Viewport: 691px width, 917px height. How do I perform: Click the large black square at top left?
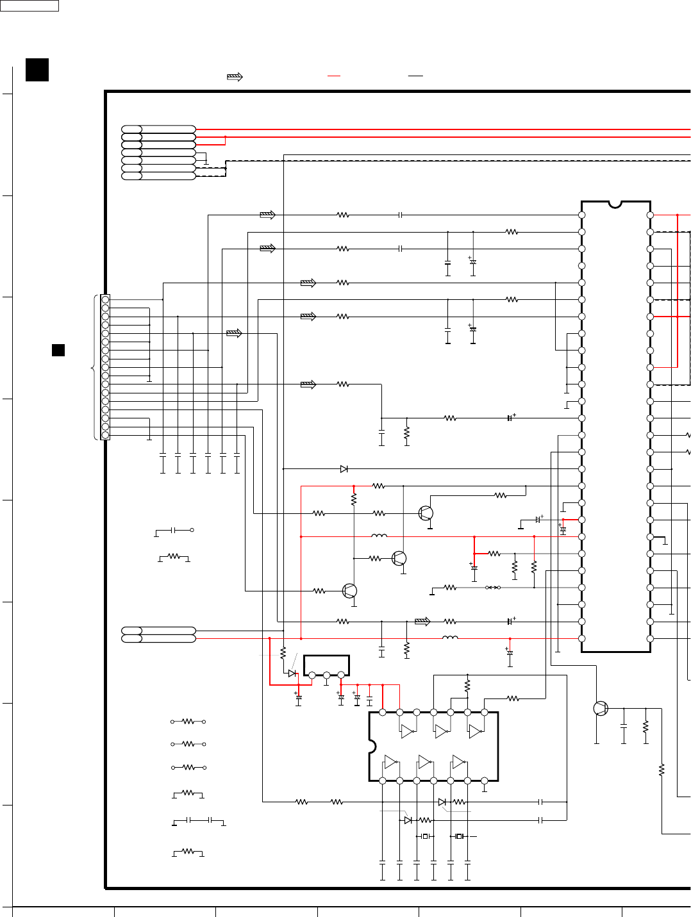tap(37, 70)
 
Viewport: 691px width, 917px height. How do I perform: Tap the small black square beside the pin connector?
tap(58, 350)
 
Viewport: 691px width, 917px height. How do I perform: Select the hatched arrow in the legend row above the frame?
tap(235, 77)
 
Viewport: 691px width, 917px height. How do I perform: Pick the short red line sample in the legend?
tap(334, 76)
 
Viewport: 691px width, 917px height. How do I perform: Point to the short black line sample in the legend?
tap(415, 76)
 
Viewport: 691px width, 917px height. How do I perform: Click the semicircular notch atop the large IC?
tap(615, 204)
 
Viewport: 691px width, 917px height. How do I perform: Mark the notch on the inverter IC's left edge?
tap(372, 747)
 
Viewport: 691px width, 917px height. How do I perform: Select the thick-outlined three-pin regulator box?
tap(326, 665)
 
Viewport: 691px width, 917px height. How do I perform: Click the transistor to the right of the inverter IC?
tap(601, 708)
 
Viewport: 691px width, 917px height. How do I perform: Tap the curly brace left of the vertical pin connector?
tap(95, 367)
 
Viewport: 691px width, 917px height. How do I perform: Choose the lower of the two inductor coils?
tap(450, 638)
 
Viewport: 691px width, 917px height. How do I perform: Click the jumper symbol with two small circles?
tap(493, 588)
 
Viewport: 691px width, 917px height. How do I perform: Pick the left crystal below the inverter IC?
tap(425, 836)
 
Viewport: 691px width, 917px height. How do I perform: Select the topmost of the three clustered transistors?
tap(426, 513)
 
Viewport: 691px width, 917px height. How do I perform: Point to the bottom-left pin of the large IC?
tap(582, 638)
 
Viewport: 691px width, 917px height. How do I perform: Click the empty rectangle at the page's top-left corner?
tap(29, 6)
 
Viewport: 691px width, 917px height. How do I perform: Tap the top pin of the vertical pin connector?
tap(105, 299)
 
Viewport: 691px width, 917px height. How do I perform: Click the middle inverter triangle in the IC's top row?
tap(441, 731)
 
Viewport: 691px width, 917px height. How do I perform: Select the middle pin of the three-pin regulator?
tap(326, 675)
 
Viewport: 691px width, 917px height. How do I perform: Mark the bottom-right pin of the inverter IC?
tap(485, 781)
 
